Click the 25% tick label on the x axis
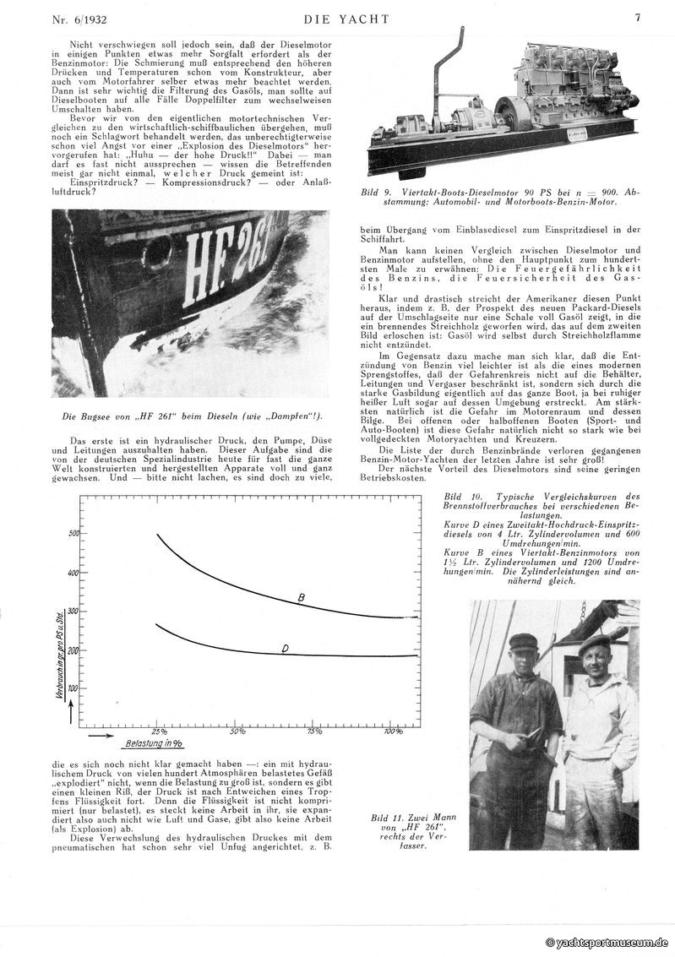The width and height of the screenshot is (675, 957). coord(157,731)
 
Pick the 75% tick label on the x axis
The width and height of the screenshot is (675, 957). coord(314,731)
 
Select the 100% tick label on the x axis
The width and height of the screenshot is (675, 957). coord(393,731)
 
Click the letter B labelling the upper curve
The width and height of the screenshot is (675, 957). coord(300,599)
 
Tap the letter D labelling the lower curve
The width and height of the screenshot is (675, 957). coord(285,648)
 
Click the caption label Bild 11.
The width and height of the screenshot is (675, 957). coord(388,818)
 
